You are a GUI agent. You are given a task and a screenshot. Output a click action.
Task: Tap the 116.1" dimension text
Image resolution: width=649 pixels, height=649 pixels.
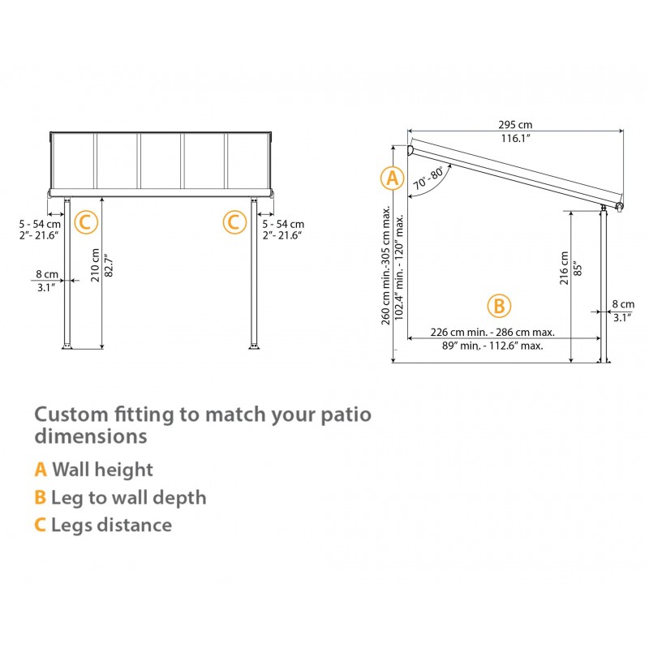(515, 139)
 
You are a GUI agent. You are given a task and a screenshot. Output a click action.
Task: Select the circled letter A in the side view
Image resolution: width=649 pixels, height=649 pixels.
(393, 178)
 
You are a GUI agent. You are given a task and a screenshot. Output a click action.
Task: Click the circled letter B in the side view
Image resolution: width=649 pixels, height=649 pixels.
(499, 306)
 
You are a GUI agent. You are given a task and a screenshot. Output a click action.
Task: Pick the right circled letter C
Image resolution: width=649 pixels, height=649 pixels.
(234, 221)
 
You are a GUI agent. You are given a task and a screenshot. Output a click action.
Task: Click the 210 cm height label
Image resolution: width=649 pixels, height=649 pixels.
(95, 263)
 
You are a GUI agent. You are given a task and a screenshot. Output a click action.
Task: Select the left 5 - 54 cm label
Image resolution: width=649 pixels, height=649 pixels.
(41, 224)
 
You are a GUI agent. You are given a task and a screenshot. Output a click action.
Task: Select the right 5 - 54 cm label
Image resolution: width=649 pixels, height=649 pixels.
(282, 224)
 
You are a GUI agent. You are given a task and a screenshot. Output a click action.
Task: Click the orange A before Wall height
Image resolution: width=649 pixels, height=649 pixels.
(41, 469)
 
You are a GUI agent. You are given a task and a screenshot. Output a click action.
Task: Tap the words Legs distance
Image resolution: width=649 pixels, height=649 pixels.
(111, 525)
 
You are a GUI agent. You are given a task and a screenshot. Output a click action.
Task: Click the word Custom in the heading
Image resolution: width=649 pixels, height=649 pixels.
(71, 415)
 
